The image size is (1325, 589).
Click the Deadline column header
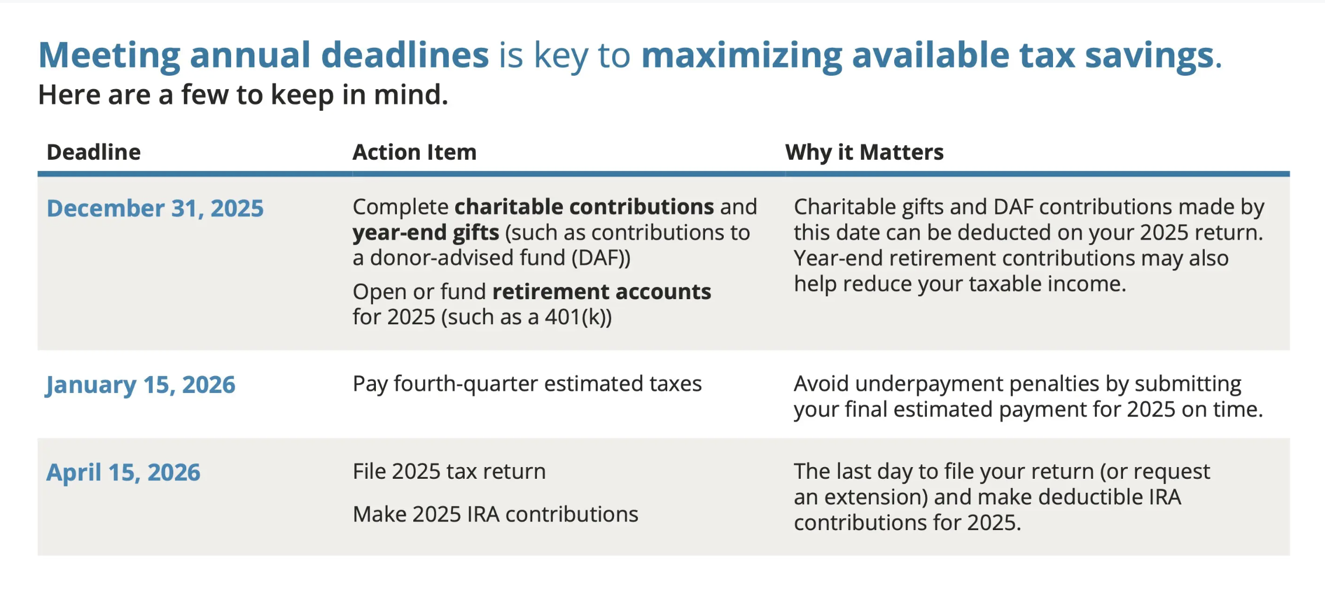93,152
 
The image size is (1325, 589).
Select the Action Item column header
414,152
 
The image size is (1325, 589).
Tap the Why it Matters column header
864,153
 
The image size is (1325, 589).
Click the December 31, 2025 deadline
155,208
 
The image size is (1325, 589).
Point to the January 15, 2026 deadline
141,385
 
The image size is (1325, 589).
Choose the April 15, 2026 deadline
123,472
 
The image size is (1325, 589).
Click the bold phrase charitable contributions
584,207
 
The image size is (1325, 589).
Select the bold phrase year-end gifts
426,233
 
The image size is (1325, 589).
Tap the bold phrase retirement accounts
602,292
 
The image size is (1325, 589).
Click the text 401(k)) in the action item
578,317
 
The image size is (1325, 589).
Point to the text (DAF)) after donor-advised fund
601,258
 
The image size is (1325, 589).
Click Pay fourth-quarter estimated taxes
527,384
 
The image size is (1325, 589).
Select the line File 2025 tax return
449,471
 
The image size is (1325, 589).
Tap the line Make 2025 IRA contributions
496,514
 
